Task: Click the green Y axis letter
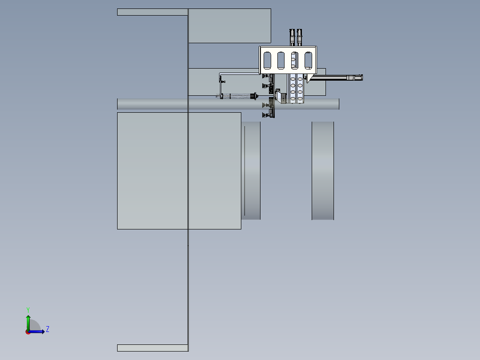tap(28, 310)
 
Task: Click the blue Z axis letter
tap(48, 329)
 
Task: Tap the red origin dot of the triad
tap(28, 332)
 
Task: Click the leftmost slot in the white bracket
tap(267, 60)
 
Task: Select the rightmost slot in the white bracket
tap(308, 60)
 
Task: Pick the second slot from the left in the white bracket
tap(281, 60)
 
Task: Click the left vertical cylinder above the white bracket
tap(292, 37)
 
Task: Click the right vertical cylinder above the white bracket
tap(299, 37)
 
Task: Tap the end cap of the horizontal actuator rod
tap(362, 78)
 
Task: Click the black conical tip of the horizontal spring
tap(254, 96)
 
